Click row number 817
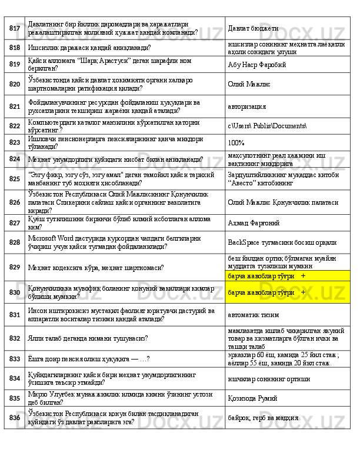(15, 28)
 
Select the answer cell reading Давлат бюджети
(253, 28)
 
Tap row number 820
(15, 84)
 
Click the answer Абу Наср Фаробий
(256, 65)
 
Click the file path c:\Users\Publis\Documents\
(266, 126)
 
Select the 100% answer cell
(236, 142)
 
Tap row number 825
(15, 178)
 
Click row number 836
(15, 417)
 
